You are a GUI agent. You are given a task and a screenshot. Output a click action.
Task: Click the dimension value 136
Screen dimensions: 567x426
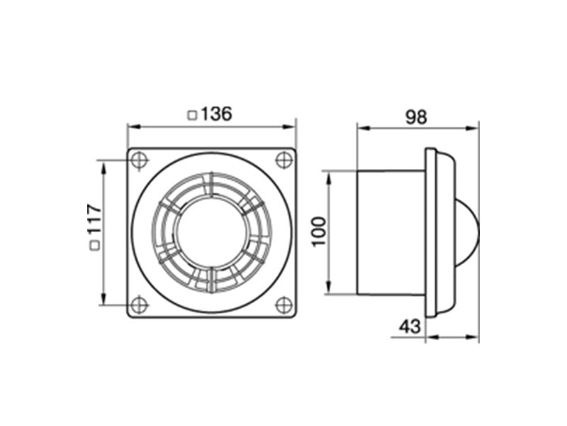[x=216, y=114]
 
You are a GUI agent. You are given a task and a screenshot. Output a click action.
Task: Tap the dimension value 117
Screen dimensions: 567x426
[x=95, y=219]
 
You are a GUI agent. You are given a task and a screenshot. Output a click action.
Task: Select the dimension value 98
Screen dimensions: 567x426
[x=416, y=117]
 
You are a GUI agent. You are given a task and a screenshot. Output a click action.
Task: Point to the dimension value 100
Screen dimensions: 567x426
[x=318, y=232]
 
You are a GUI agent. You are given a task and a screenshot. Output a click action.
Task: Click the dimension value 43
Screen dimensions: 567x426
[x=410, y=327]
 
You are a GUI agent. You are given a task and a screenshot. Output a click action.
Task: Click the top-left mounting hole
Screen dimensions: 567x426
[x=139, y=160]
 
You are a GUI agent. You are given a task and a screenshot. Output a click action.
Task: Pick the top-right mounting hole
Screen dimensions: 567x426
[x=284, y=160]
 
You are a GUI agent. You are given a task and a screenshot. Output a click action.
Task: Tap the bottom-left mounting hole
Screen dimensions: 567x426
[x=139, y=305]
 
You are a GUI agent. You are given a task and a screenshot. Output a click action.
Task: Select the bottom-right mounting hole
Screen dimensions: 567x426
[x=284, y=305]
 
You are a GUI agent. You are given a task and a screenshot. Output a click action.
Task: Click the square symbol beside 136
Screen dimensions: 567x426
[x=192, y=115]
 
